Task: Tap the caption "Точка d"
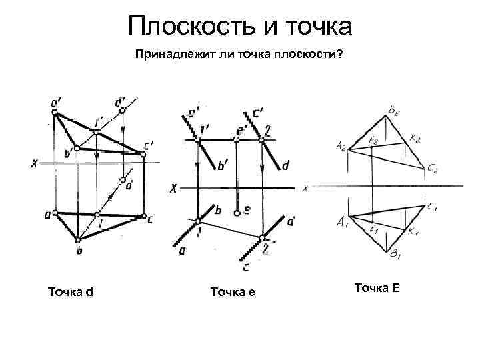tap(71, 291)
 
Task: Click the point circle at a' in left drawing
tap(55, 112)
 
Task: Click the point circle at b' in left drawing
tap(77, 148)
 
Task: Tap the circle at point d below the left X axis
tap(123, 180)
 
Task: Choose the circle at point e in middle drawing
tap(237, 213)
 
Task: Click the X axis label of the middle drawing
tap(173, 189)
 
